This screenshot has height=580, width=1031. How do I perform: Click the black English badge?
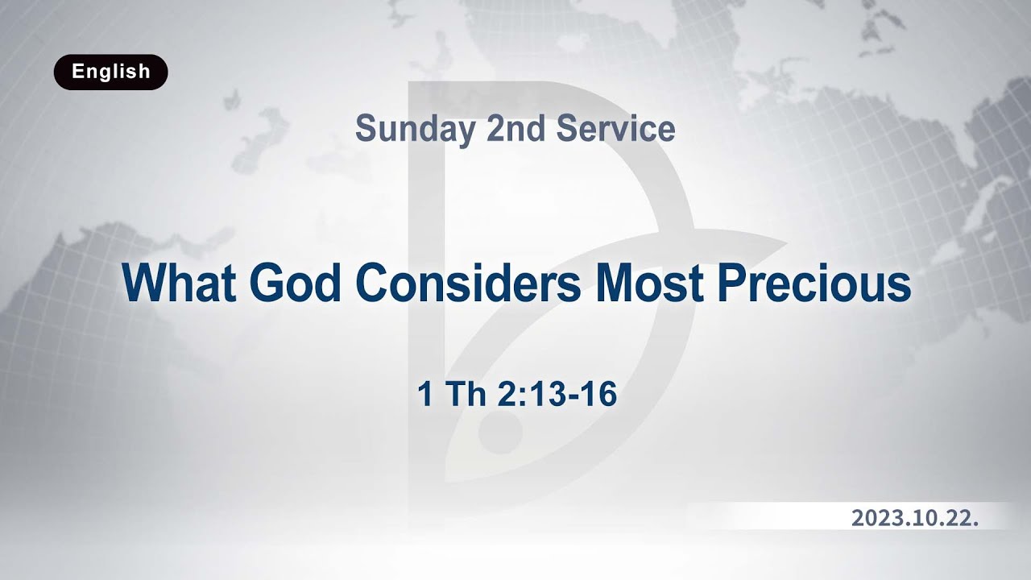tap(110, 72)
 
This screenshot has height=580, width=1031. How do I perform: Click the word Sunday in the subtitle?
tap(414, 130)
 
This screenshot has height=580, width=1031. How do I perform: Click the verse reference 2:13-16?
tap(557, 396)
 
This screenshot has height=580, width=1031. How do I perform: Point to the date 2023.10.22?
tap(915, 518)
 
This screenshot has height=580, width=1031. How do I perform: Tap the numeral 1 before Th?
tap(424, 396)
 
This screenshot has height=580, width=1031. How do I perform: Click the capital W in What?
tap(144, 283)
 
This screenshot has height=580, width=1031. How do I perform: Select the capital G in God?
tap(267, 283)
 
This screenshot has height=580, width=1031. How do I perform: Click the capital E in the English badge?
tap(77, 72)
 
